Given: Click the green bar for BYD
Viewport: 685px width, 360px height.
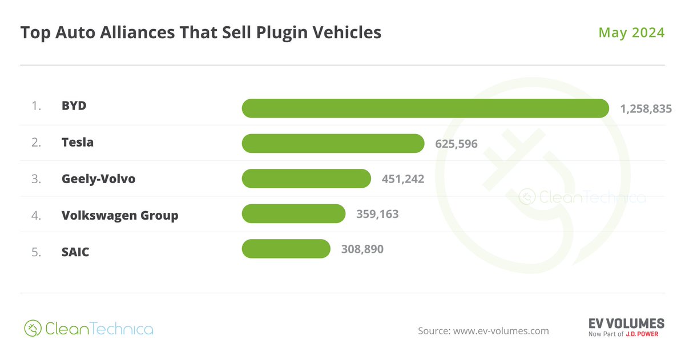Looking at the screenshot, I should coord(425,108).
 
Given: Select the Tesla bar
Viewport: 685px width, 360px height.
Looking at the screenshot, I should coord(333,143).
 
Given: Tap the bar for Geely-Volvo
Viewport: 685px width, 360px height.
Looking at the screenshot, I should coord(307,179).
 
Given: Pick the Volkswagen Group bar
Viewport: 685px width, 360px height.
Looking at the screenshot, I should coord(293,214).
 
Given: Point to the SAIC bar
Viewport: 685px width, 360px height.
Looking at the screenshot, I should coord(286,249).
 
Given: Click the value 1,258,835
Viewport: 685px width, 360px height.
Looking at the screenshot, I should coord(646,108).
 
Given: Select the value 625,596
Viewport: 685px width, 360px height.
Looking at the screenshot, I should coord(456,144).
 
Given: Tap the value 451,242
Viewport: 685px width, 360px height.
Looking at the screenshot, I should coord(403,179).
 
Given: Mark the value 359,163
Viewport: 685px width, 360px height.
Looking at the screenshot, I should coord(377,215).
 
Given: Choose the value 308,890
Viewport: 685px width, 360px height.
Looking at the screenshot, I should coord(362,249).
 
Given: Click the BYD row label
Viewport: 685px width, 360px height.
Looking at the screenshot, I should coord(74,106).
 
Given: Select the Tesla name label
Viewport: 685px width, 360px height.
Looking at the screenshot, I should coord(78,142).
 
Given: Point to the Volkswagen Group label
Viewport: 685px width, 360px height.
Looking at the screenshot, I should coord(120,215).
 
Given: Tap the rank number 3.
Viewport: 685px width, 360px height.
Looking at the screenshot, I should coord(36,179).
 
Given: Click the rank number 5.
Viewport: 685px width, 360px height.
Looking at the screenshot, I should coord(36,251).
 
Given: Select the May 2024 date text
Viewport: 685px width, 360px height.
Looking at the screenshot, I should coord(631,33).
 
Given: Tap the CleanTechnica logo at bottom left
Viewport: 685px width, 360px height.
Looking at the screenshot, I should coord(88,329).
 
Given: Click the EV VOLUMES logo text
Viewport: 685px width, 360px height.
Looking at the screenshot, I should coord(626,323).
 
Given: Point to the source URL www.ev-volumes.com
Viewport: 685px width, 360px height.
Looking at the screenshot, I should coord(501,331).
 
